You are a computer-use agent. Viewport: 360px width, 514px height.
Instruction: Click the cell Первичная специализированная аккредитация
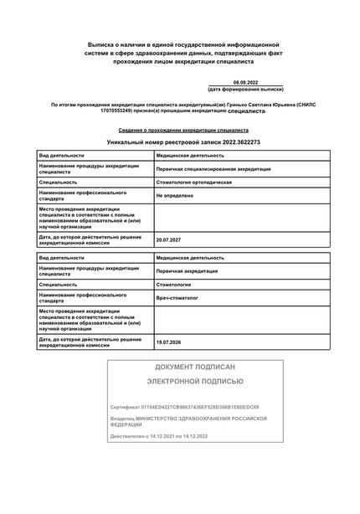tap(213, 168)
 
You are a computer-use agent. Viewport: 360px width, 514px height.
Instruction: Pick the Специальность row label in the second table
tap(58, 285)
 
